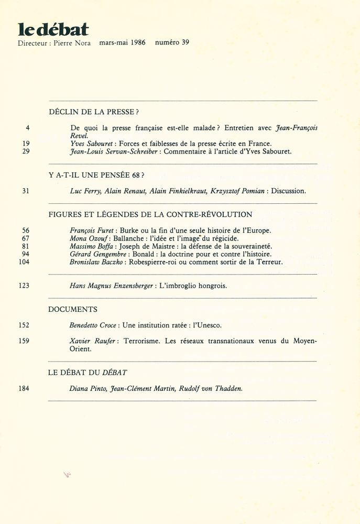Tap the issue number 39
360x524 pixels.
(x=185, y=43)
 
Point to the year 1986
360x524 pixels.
(x=138, y=43)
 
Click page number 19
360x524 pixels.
(x=26, y=143)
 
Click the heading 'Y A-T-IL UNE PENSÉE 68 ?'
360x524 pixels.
(x=96, y=176)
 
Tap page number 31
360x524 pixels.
(x=26, y=191)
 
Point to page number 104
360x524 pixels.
(x=24, y=261)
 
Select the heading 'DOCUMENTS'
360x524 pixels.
(x=73, y=309)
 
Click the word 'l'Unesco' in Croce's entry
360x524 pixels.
(x=210, y=325)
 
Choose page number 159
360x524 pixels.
(x=24, y=341)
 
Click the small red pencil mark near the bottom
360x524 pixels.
(x=67, y=474)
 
